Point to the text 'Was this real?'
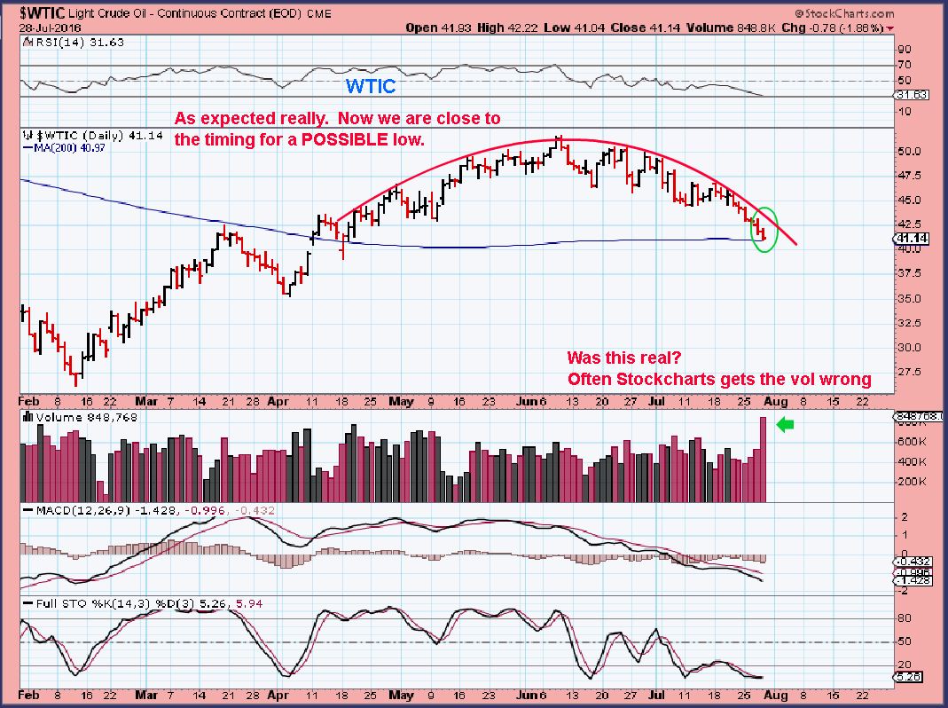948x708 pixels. [623, 359]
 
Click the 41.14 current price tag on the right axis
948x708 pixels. [912, 239]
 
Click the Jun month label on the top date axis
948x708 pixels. [531, 401]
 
